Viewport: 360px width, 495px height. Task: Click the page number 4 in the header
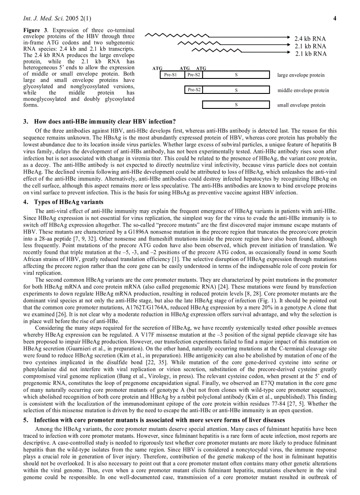point(335,19)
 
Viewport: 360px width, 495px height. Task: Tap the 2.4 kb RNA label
point(310,38)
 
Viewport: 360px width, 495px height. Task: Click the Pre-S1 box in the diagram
point(170,75)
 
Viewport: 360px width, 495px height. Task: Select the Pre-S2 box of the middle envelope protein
point(194,90)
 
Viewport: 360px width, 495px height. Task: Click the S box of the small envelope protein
point(236,105)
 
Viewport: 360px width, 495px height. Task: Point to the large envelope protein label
point(300,75)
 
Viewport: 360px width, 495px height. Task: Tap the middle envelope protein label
point(303,90)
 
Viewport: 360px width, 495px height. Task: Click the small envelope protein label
point(301,105)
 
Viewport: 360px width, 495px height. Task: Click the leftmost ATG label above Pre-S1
point(157,69)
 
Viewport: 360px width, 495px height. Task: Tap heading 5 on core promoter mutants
point(154,420)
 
